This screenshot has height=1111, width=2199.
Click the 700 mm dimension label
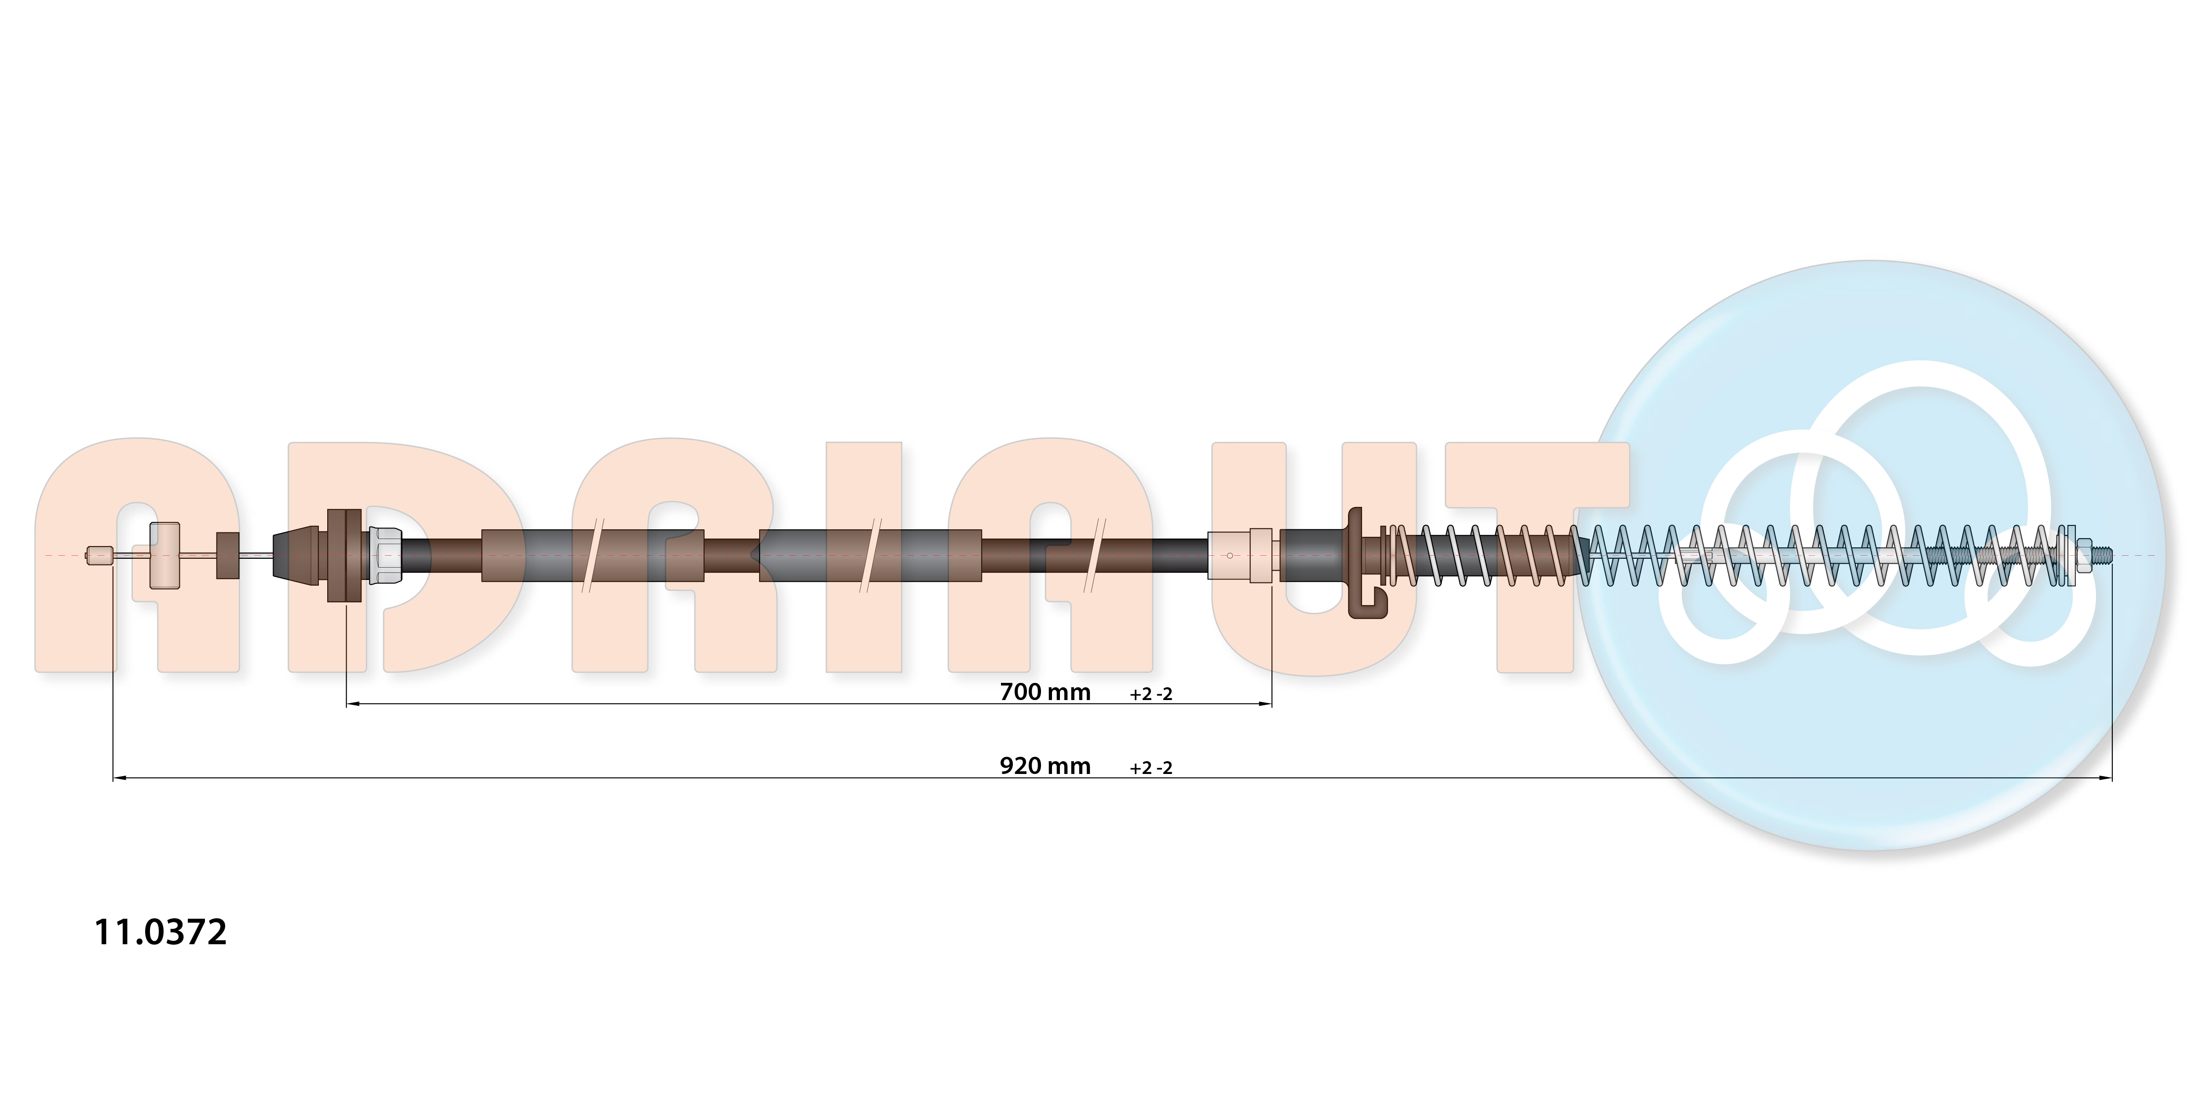point(1045,692)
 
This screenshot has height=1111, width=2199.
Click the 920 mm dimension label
point(1045,766)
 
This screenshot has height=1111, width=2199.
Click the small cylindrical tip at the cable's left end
point(99,555)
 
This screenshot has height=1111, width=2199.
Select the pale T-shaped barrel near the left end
point(165,555)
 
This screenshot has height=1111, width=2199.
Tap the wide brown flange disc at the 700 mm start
point(344,555)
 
